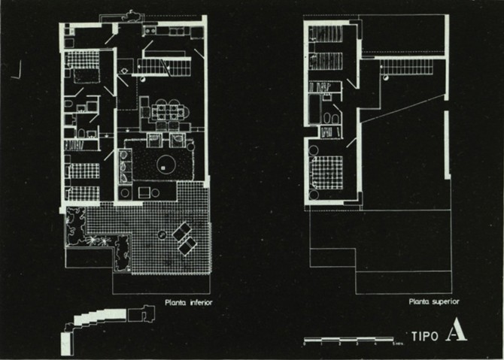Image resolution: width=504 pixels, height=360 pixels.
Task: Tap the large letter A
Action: [455, 331]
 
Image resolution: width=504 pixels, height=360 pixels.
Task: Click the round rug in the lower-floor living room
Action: [165, 163]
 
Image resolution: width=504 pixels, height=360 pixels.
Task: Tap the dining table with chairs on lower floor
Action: [165, 111]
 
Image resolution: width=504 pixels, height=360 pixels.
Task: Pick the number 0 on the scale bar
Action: [304, 343]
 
